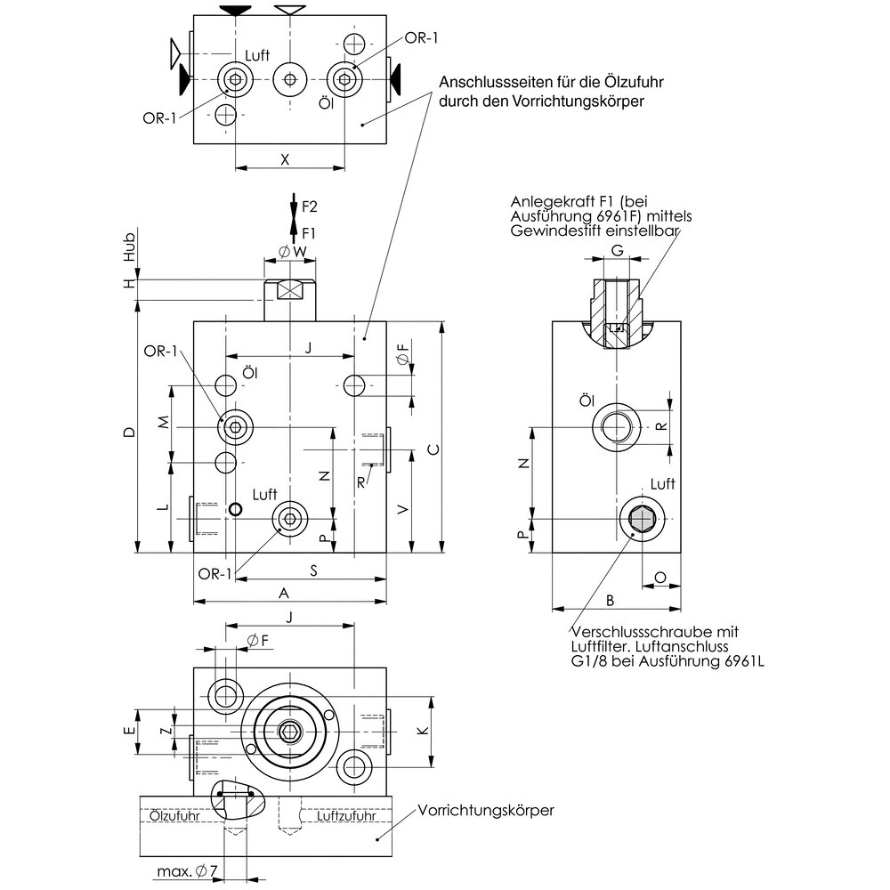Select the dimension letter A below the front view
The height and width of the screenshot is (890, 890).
point(284,593)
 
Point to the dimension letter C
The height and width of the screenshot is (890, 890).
point(433,449)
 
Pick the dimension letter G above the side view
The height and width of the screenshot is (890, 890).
point(617,250)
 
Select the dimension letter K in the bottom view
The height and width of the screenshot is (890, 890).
point(423,731)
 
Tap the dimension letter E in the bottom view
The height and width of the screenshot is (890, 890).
point(130,731)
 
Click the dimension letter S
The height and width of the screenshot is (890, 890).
point(314,571)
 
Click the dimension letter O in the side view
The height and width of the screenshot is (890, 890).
point(659,577)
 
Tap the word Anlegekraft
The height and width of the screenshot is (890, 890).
point(548,202)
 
